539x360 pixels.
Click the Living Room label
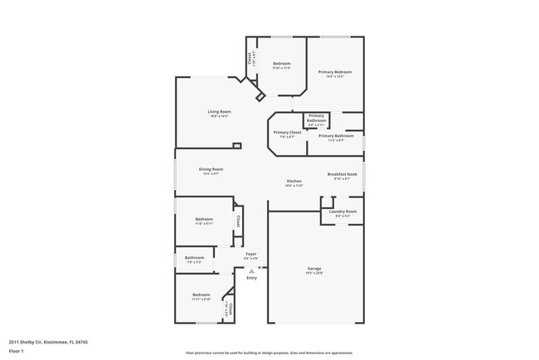coord(219,111)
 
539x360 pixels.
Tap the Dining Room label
coord(211,169)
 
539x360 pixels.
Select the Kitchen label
coord(294,181)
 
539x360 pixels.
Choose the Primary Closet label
coord(287,132)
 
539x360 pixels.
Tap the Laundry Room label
coord(342,212)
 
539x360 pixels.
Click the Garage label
coord(314,269)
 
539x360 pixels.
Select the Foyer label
coord(250,254)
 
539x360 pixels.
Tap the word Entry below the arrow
coord(251,278)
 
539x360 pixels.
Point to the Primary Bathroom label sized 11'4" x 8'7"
coord(336,135)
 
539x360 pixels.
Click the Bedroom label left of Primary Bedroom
coord(282,63)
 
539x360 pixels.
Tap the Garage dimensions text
coord(314,274)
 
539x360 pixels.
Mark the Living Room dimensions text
coord(219,116)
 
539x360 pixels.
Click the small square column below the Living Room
coord(237,146)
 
